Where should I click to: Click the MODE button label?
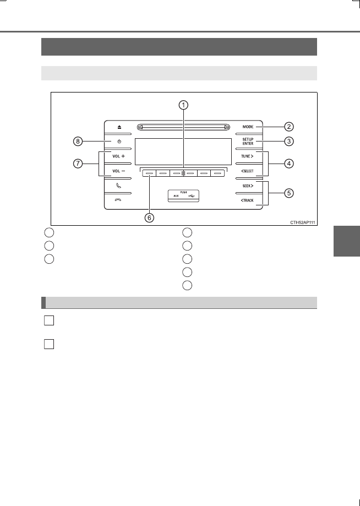coord(248,127)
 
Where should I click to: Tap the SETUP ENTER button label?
coord(248,142)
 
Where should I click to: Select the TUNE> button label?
coord(248,156)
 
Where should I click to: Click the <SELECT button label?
coord(247,171)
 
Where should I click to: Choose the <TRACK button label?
coord(247,200)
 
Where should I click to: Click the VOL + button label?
coord(119,156)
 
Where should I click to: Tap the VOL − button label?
coord(119,171)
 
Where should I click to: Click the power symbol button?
coord(119,142)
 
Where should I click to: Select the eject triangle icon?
coord(119,127)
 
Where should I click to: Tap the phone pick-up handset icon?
coord(119,186)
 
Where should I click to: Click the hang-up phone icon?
coord(119,200)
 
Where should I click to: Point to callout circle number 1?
coord(184,105)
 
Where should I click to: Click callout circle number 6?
coord(149,218)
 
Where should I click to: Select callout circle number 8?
coord(78,142)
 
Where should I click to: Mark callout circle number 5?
coord(288,193)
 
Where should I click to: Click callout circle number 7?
coord(78,164)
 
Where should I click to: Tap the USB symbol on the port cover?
coord(191,196)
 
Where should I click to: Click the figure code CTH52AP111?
coord(303,222)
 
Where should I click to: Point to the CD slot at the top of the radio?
coord(183,127)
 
